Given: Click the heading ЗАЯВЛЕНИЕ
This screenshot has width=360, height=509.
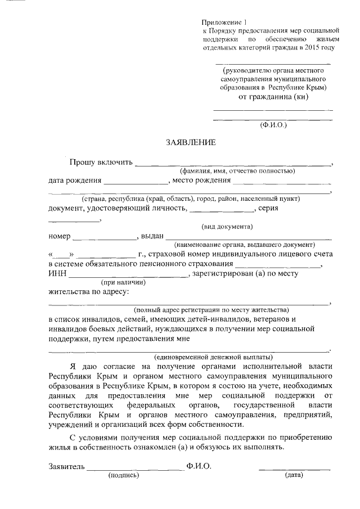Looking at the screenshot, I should click(x=190, y=143).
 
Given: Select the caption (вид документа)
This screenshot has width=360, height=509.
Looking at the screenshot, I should click(x=227, y=227).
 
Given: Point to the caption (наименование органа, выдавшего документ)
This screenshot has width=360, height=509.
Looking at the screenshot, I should click(x=245, y=245).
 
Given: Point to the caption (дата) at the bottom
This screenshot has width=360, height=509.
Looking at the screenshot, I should click(x=293, y=475).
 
